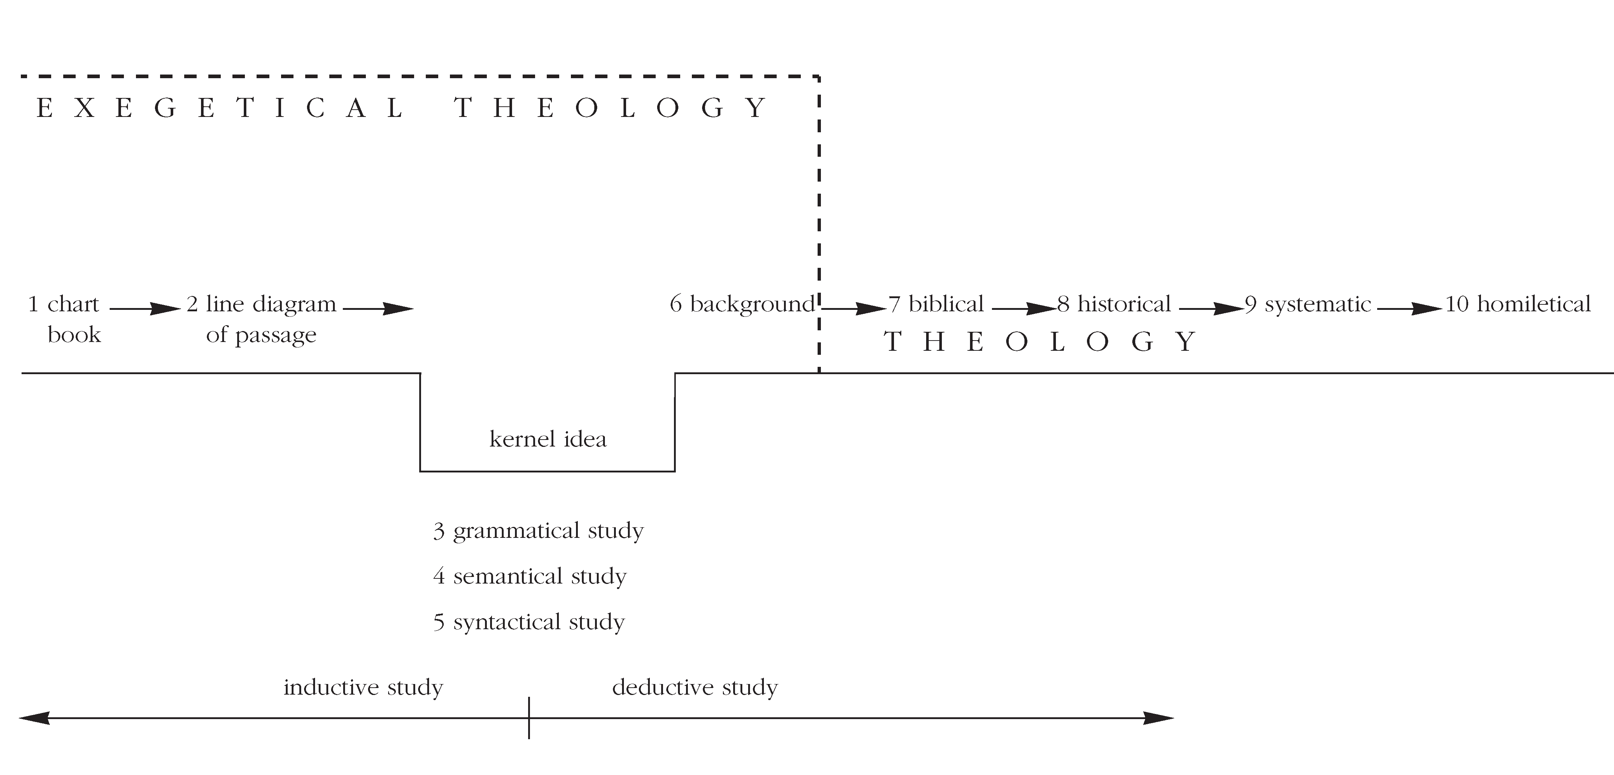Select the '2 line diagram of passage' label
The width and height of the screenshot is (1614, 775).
point(261,319)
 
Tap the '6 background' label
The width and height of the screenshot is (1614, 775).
point(742,304)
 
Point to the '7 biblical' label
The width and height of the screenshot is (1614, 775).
point(936,304)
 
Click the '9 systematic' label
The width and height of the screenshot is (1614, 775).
point(1308,304)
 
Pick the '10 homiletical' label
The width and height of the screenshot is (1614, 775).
point(1518,304)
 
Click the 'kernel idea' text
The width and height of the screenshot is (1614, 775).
point(548,439)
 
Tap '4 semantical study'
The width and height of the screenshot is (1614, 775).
point(530,576)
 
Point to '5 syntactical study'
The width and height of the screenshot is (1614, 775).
point(529,622)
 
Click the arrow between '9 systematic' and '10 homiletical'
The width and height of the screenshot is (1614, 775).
point(1409,308)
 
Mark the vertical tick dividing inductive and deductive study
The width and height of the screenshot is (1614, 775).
point(529,718)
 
